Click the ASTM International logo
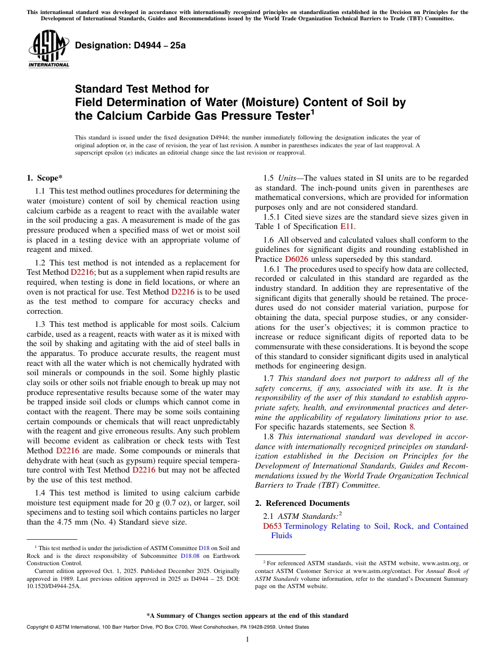(x=48, y=49)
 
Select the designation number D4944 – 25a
(x=130, y=45)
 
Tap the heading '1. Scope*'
(x=45, y=178)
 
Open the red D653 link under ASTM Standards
(x=273, y=526)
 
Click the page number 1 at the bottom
(x=247, y=640)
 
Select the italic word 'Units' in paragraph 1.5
(x=288, y=178)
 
